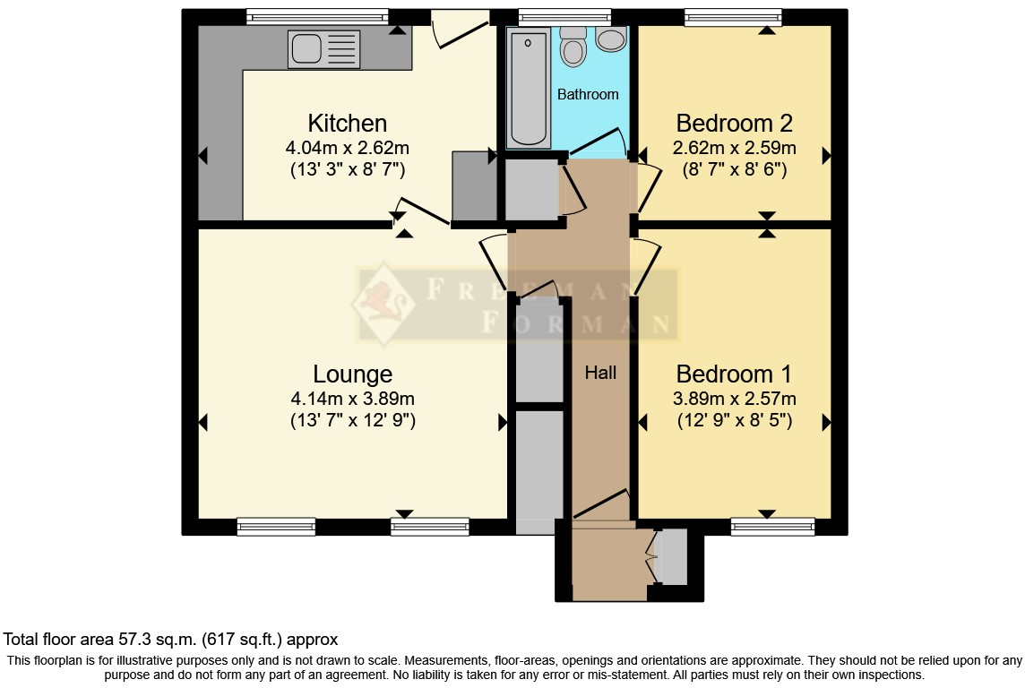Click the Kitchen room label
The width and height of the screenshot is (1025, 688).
point(347,123)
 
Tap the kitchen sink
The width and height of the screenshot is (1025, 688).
point(323,49)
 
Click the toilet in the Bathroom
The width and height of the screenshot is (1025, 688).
point(573,44)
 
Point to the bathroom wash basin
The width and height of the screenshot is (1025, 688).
point(611,39)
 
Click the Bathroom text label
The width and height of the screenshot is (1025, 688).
point(588,94)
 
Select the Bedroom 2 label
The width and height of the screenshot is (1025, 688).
point(734,123)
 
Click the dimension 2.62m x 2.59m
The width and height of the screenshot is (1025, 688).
point(734,148)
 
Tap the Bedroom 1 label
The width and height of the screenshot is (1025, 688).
point(734,374)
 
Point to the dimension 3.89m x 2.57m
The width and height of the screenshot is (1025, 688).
point(734,399)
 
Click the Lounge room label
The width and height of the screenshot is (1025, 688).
point(352,374)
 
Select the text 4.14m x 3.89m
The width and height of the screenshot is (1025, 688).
point(352,399)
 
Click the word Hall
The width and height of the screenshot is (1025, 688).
point(600,373)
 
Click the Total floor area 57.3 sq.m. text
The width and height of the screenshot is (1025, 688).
point(170,640)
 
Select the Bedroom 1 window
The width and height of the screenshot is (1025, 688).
point(772,527)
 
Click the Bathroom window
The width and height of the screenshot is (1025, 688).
point(564,17)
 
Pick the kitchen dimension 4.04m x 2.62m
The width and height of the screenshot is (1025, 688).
point(347,148)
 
